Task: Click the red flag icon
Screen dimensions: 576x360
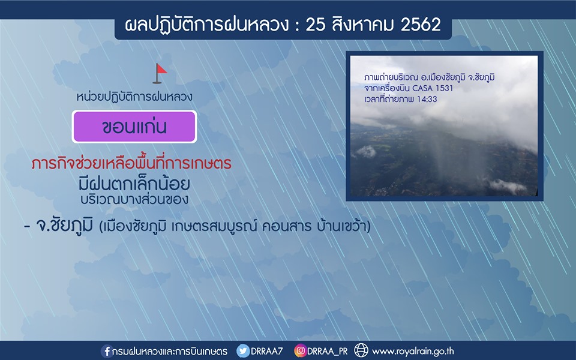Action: pyautogui.click(x=160, y=73)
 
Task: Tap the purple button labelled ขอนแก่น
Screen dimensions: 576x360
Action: pyautogui.click(x=134, y=127)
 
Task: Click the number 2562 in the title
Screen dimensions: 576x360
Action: pyautogui.click(x=421, y=25)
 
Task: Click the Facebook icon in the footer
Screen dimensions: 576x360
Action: pyautogui.click(x=107, y=351)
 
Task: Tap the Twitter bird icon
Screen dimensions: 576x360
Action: pyautogui.click(x=243, y=351)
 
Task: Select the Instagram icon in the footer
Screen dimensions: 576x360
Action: pyautogui.click(x=300, y=351)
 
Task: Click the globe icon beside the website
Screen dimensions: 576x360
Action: pyautogui.click(x=361, y=350)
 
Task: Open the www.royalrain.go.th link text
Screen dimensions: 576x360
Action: pyautogui.click(x=413, y=352)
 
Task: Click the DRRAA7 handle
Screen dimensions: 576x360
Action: pyautogui.click(x=267, y=351)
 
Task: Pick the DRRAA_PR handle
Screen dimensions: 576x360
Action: pyautogui.click(x=328, y=351)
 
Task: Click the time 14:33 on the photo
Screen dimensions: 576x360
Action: pyautogui.click(x=427, y=99)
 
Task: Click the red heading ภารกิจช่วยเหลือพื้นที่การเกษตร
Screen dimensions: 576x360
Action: pyautogui.click(x=131, y=163)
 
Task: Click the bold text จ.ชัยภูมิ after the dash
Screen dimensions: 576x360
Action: pyautogui.click(x=64, y=225)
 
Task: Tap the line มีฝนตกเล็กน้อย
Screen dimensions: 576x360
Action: pyautogui.click(x=134, y=184)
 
